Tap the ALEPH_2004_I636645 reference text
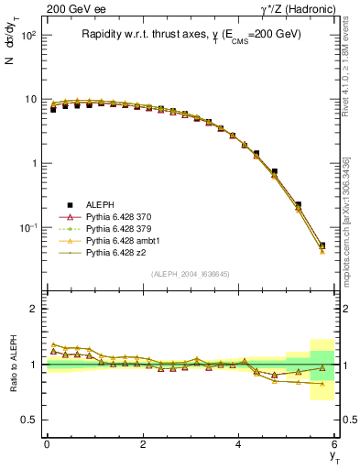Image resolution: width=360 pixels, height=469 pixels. pyautogui.click(x=191, y=274)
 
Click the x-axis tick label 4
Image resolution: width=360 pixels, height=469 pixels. pyautogui.click(x=239, y=444)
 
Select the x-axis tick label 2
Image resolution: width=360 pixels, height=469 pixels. pyautogui.click(x=143, y=444)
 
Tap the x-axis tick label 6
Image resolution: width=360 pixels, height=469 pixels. pyautogui.click(x=335, y=444)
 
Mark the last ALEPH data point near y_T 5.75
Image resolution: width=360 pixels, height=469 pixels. pyautogui.click(x=322, y=245)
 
